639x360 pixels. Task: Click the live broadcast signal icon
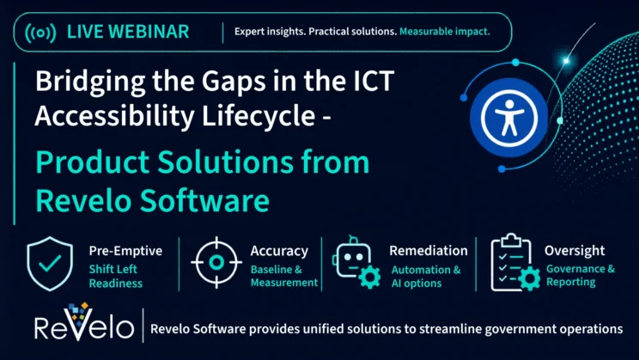click(40, 33)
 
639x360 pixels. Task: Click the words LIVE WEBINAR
click(128, 32)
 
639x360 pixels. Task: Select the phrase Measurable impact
click(445, 32)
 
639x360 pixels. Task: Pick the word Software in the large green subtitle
click(204, 200)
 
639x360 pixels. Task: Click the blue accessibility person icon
click(508, 118)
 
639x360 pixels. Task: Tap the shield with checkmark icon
click(50, 264)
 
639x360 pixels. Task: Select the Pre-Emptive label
click(125, 251)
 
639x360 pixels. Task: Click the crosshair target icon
click(216, 263)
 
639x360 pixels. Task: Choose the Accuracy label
click(279, 251)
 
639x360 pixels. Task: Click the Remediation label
click(429, 251)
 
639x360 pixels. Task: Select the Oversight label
click(575, 251)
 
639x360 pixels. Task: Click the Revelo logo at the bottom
click(84, 322)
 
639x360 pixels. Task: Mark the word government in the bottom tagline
click(520, 329)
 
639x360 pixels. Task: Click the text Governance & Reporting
click(581, 275)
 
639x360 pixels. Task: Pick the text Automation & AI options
click(426, 277)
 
